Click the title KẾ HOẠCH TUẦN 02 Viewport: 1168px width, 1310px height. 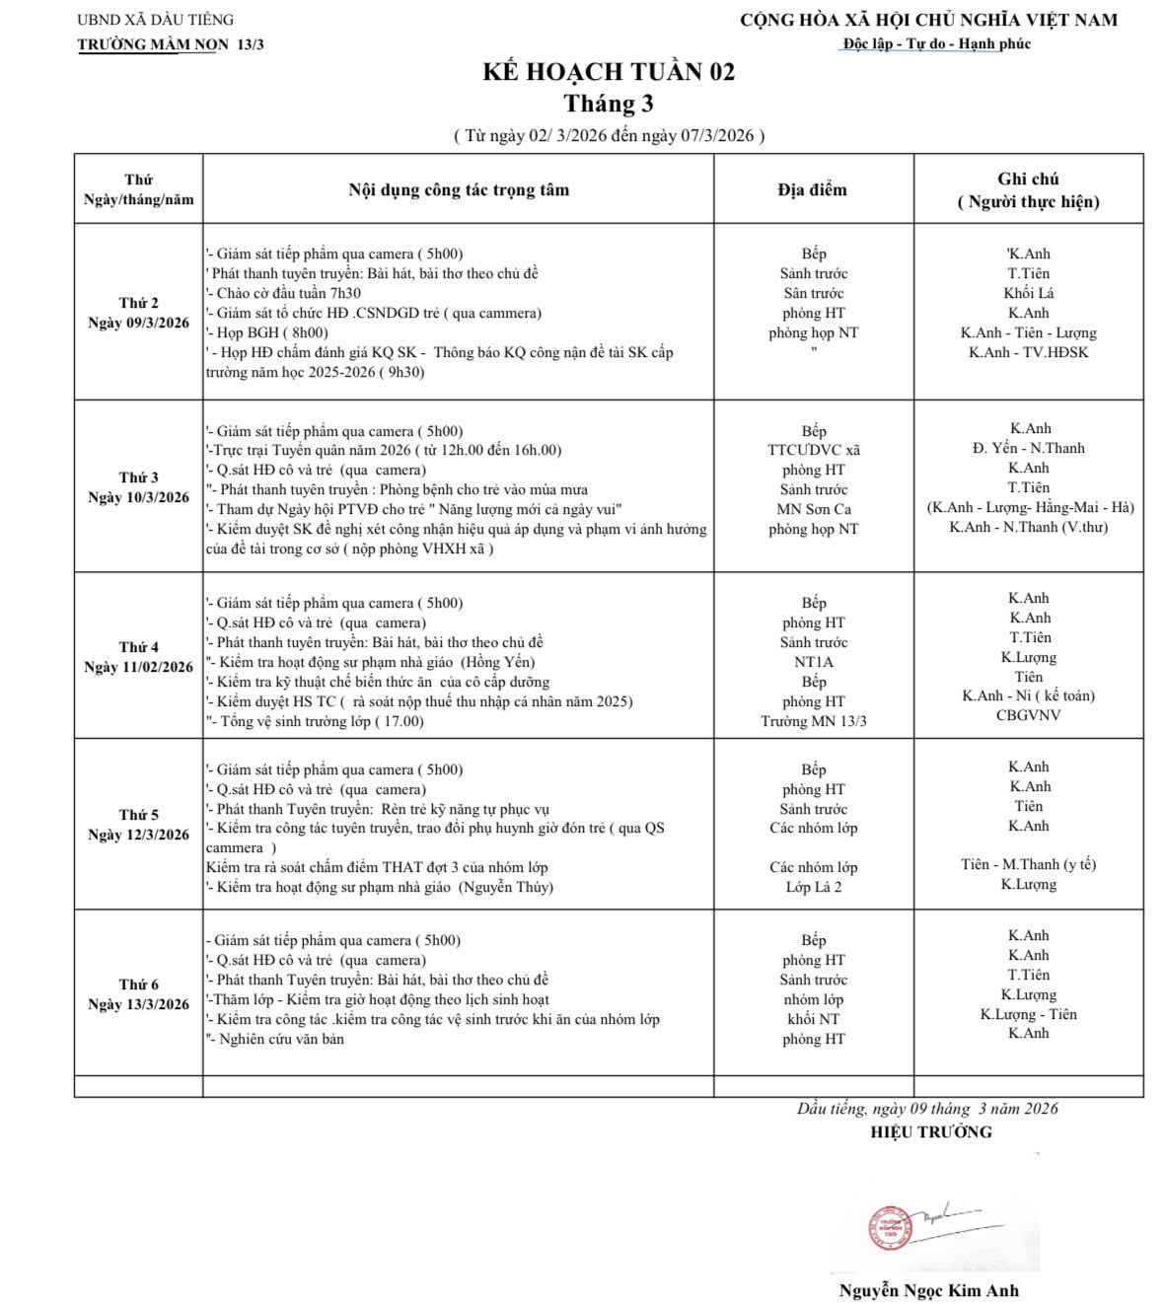coord(609,72)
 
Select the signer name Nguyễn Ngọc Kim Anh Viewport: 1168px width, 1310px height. coord(928,1290)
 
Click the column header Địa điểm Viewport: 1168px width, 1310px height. coord(812,189)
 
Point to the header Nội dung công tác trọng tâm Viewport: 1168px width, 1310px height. coord(459,189)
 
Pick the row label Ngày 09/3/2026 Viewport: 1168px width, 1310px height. coord(138,323)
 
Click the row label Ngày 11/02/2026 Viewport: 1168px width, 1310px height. coord(138,667)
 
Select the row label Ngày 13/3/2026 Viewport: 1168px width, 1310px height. coord(138,1004)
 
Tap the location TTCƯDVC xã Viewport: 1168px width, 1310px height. coord(814,450)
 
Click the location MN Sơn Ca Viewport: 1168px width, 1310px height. coord(814,509)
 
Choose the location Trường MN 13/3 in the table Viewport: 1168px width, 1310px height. coord(814,721)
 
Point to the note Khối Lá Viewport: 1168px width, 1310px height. coord(1028,293)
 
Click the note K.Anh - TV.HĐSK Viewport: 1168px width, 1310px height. coord(1028,352)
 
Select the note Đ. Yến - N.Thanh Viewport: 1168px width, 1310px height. coord(1028,448)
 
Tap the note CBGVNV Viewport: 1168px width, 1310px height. coord(1028,715)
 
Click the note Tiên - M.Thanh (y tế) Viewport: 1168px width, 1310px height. coord(1028,864)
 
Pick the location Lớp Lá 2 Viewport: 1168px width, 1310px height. coord(814,887)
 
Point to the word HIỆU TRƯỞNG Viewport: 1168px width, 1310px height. coord(930,1131)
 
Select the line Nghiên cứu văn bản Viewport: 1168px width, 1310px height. coord(280,1039)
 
